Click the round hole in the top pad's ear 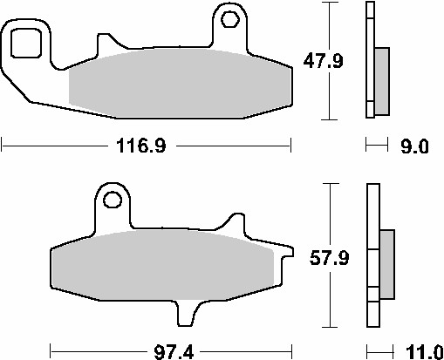pos(230,17)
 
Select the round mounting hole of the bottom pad pos(113,200)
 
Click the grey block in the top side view pos(382,80)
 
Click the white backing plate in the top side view pos(369,61)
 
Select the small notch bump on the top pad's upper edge pos(106,41)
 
